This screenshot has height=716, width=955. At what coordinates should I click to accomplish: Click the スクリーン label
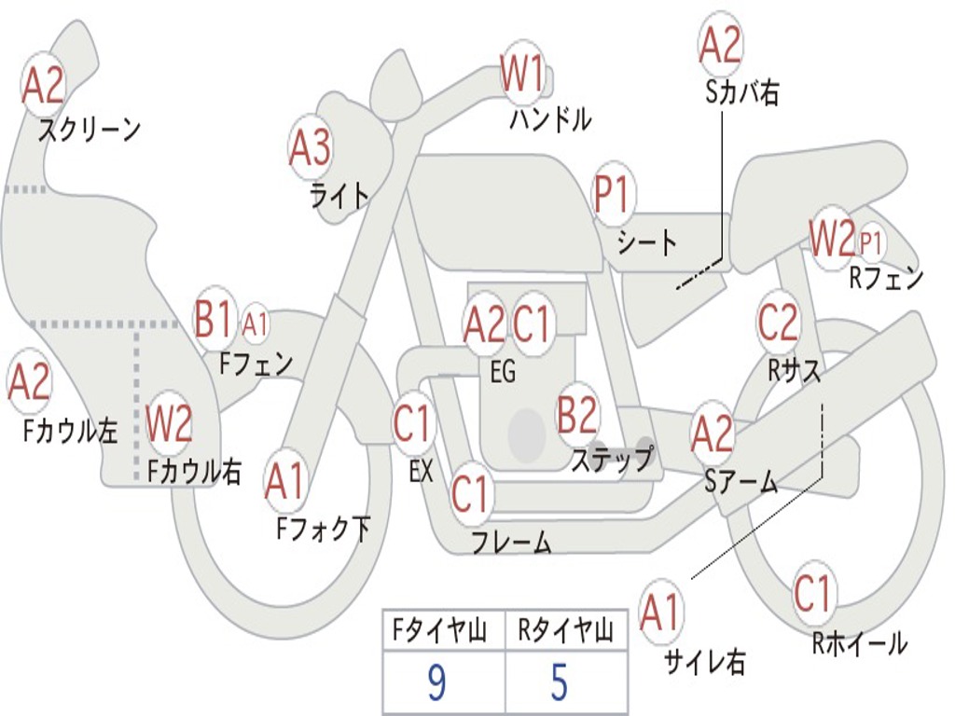[x=89, y=130]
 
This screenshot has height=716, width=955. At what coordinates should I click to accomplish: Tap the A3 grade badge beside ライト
[x=310, y=147]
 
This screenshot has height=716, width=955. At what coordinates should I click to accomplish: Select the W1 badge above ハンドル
[x=522, y=74]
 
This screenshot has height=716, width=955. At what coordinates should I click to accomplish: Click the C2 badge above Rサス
[x=778, y=323]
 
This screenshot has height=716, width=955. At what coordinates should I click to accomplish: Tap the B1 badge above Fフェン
[x=214, y=320]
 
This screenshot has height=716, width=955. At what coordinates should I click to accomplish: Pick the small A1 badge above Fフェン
[x=255, y=324]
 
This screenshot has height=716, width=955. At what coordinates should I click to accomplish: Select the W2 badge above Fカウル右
[x=169, y=424]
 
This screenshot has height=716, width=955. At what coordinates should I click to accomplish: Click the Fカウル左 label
[x=72, y=430]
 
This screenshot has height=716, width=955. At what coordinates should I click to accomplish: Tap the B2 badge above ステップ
[x=578, y=415]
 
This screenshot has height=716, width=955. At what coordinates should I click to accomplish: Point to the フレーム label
[x=511, y=542]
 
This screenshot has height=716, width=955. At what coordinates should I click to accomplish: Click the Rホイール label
[x=859, y=643]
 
